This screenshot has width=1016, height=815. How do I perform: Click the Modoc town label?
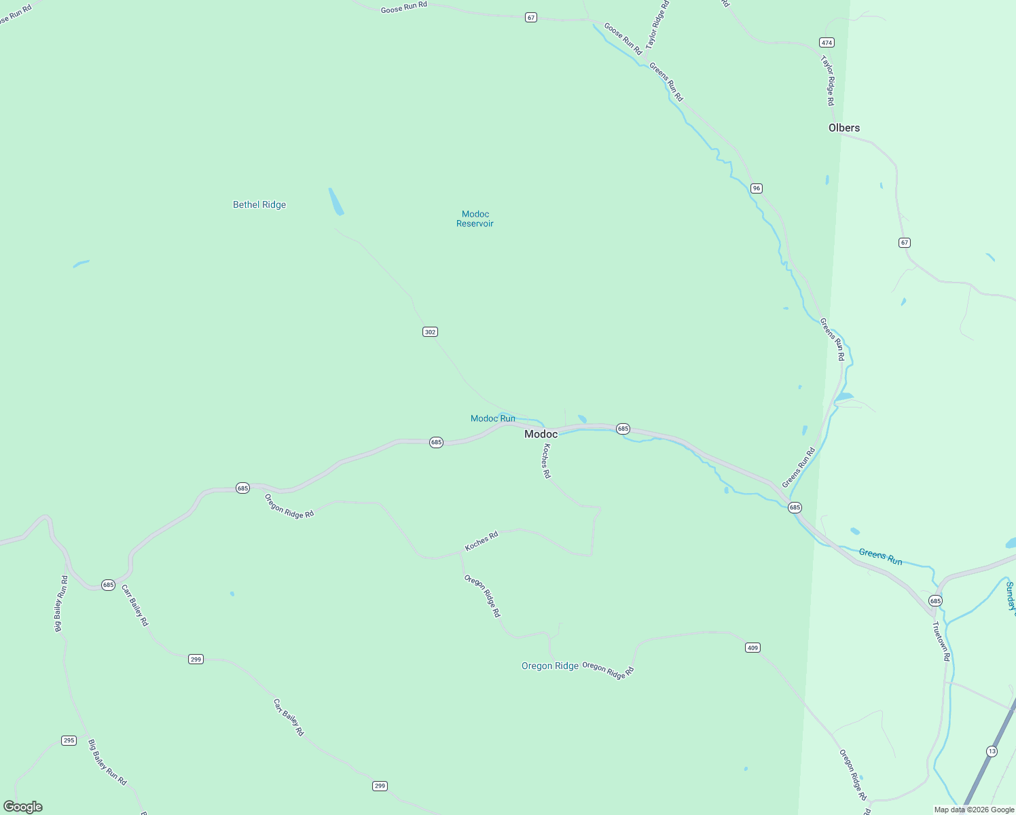point(541,434)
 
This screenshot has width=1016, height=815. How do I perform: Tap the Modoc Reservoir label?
point(475,219)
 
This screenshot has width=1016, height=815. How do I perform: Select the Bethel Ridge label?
point(259,204)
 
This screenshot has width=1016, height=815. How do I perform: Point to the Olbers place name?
point(844,128)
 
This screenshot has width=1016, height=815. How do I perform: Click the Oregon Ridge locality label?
point(550,666)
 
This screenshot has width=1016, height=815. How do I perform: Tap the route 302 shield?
point(430,332)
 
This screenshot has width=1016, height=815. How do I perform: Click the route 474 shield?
point(827,42)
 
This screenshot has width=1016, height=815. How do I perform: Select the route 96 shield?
point(757,188)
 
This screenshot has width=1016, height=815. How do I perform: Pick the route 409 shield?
point(752,648)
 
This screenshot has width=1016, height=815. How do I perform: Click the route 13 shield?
point(992,751)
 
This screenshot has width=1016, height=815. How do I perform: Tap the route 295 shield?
point(69,740)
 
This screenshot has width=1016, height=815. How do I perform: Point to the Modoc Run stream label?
point(493,418)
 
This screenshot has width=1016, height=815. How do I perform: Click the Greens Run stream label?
point(880,557)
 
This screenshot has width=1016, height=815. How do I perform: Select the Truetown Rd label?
point(941,641)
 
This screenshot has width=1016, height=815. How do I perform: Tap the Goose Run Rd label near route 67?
point(404,7)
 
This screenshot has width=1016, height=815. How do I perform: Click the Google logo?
point(23,807)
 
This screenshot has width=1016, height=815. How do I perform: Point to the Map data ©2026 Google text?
point(974,810)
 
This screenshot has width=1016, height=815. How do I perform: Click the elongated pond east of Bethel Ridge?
point(335,202)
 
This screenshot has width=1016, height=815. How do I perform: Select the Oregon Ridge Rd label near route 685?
point(289,506)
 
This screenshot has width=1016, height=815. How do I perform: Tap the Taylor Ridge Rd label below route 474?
point(828,81)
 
